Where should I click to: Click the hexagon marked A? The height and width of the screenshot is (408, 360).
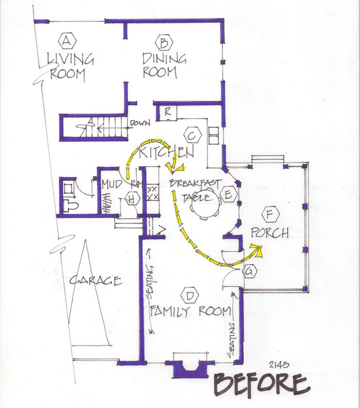[67, 41]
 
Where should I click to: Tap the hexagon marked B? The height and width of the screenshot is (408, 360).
[164, 42]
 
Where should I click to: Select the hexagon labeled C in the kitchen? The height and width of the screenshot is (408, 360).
[193, 136]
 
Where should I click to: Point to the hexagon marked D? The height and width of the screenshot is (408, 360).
[190, 296]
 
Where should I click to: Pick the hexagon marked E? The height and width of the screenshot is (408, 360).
[229, 194]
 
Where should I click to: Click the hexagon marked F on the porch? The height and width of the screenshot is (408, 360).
[271, 214]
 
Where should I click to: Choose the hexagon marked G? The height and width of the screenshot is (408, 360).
[249, 271]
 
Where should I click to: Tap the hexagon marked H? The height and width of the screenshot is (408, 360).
[131, 199]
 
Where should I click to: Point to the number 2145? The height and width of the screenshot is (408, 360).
[279, 365]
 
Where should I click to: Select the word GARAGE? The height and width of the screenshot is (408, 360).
[95, 280]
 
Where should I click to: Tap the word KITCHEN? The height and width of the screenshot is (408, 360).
[167, 152]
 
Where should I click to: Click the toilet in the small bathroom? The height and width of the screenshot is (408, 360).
[70, 206]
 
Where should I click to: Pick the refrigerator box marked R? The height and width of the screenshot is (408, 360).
[167, 112]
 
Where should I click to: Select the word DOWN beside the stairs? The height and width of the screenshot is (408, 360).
[140, 123]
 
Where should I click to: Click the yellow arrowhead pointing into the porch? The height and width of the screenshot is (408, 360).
[256, 251]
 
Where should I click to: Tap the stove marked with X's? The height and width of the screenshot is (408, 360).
[152, 192]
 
